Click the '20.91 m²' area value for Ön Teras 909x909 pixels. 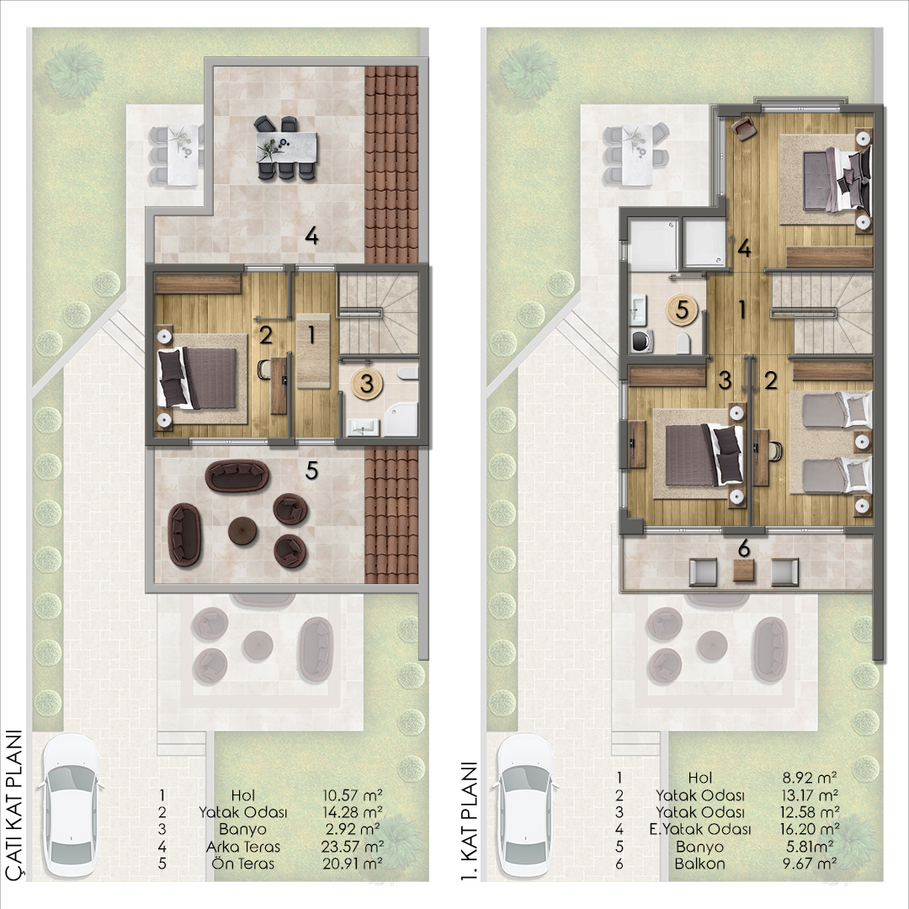coord(353,864)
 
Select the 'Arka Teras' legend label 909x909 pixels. coord(243,847)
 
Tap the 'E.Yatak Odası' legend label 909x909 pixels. coord(699,830)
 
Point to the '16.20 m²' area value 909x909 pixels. coord(810,829)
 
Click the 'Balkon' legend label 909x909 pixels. coord(699,864)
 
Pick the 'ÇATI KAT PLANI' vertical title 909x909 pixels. coord(13,805)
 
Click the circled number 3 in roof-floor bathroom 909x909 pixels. coord(366,383)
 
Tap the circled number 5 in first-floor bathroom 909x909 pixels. coord(682,310)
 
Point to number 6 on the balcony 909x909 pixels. coord(744,548)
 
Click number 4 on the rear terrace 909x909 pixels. coord(311,236)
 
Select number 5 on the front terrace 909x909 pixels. coord(311,470)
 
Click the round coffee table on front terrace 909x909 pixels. coord(243,530)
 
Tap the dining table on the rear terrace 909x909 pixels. coord(286,147)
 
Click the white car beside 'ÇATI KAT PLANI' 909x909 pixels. coord(71,805)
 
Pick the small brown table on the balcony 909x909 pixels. coord(744,571)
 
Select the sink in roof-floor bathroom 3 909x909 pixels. coord(364,428)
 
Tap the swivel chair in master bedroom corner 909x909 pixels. coord(743,128)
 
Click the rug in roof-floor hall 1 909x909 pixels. coord(313,351)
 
